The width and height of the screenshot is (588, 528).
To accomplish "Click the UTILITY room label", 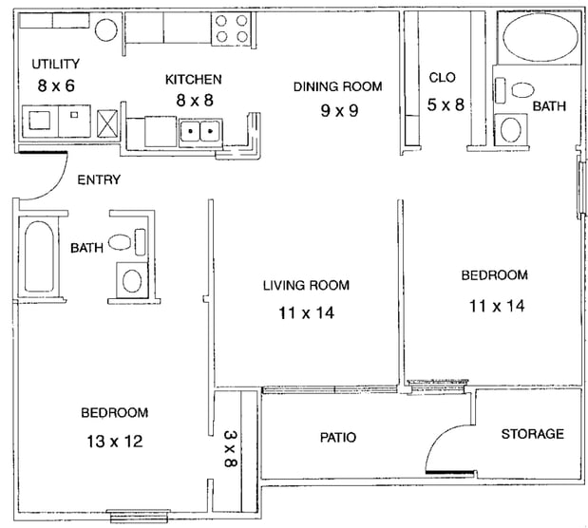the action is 55,65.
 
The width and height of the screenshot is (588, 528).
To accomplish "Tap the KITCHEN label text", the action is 194,80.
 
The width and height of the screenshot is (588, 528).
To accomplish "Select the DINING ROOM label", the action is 338,86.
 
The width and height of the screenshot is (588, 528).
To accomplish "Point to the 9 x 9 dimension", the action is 339,110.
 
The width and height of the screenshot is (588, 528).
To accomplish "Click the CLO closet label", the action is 442,78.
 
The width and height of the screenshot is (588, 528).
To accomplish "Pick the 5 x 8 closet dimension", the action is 446,104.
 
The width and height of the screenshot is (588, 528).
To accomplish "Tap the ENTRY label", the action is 99,180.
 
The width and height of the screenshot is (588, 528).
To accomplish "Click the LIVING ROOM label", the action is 306,286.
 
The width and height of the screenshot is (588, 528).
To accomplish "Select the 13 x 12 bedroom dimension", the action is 115,442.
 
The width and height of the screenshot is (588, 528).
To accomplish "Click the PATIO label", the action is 338,437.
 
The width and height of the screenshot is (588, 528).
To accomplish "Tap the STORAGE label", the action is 533,434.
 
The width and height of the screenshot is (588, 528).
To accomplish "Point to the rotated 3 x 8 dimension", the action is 230,448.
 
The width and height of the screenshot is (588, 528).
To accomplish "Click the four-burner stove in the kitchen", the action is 232,28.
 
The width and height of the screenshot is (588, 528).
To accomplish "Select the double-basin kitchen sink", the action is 200,132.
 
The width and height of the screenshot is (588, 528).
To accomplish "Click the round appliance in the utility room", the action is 106,29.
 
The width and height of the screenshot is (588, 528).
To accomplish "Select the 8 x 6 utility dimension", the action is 56,85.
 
